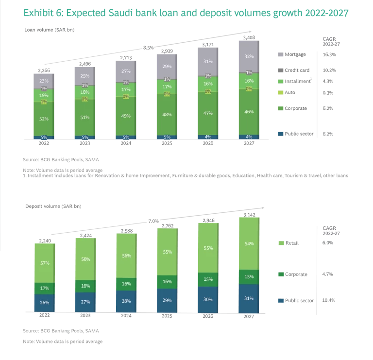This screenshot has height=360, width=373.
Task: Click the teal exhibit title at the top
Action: tap(186, 14)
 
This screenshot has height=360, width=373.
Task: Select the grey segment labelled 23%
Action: tap(44, 80)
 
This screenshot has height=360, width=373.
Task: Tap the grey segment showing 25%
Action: tap(85, 75)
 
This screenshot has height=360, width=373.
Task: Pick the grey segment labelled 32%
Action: tap(249, 56)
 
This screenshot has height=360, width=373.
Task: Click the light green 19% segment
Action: tap(44, 95)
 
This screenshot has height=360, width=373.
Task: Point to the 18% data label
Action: tap(85, 92)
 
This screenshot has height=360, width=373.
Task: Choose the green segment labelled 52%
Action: tap(44, 119)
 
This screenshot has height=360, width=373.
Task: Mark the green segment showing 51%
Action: tap(85, 117)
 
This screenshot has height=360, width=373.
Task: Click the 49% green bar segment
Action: tap(126, 116)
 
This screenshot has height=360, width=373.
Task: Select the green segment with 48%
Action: tap(167, 115)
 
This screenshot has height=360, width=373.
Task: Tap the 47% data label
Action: tap(208, 113)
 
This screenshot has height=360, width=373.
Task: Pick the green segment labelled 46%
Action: tap(249, 112)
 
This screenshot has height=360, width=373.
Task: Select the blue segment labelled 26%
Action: tap(44, 303)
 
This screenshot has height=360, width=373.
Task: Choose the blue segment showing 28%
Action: tap(126, 301)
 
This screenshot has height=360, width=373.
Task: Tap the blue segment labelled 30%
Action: tap(208, 299)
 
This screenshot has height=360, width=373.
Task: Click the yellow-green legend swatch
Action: tap(279, 93)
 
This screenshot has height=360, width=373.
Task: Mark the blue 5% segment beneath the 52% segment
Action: tap(44, 137)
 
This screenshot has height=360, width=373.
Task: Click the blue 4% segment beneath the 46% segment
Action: tap(249, 137)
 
